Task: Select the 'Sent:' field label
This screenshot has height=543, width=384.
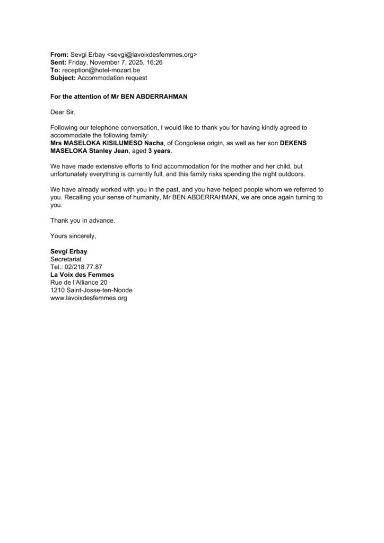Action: coord(59,63)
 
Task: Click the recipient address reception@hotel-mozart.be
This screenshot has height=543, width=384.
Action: coord(101,70)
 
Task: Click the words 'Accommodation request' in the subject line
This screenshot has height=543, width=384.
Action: coord(112,78)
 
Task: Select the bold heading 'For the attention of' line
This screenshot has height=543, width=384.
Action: coord(119,97)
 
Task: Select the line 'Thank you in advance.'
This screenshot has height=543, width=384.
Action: coord(82,220)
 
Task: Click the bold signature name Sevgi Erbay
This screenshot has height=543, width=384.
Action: coord(68,251)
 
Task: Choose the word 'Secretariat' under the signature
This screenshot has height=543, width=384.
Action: coord(67,259)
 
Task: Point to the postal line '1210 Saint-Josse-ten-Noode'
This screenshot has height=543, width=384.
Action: coord(91,290)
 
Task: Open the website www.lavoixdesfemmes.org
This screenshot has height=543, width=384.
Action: coord(89,298)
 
